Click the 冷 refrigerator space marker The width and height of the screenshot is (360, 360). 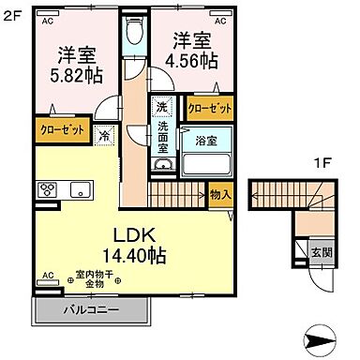(103, 134)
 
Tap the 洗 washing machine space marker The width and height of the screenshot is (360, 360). (162, 107)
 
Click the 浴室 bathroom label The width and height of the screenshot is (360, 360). (207, 142)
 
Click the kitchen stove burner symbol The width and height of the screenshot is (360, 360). (48, 188)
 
